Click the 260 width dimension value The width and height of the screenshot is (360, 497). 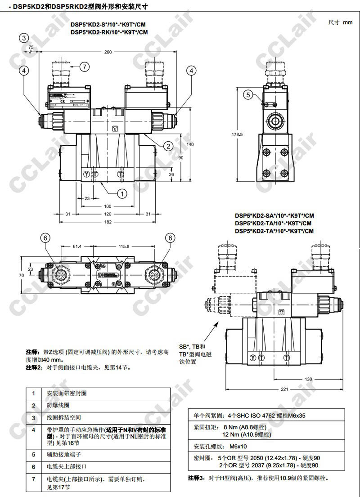click(x=108, y=52)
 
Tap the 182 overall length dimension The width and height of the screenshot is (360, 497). click(x=108, y=222)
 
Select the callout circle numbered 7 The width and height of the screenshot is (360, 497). click(x=85, y=67)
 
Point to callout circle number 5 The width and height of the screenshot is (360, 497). click(x=248, y=94)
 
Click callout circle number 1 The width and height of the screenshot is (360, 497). click(x=122, y=193)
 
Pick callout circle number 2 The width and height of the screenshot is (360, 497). click(x=167, y=145)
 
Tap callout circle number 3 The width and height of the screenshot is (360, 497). click(x=24, y=38)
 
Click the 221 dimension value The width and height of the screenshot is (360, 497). click(x=284, y=390)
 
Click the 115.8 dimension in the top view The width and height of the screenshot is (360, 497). click(x=124, y=246)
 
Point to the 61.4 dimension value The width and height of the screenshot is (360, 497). click(x=77, y=246)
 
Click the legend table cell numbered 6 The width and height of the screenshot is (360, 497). click(x=33, y=466)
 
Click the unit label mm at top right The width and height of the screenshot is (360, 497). click(x=347, y=22)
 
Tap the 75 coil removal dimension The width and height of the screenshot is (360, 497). click(x=31, y=47)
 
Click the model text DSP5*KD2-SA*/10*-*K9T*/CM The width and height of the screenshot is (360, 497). click(x=274, y=215)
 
